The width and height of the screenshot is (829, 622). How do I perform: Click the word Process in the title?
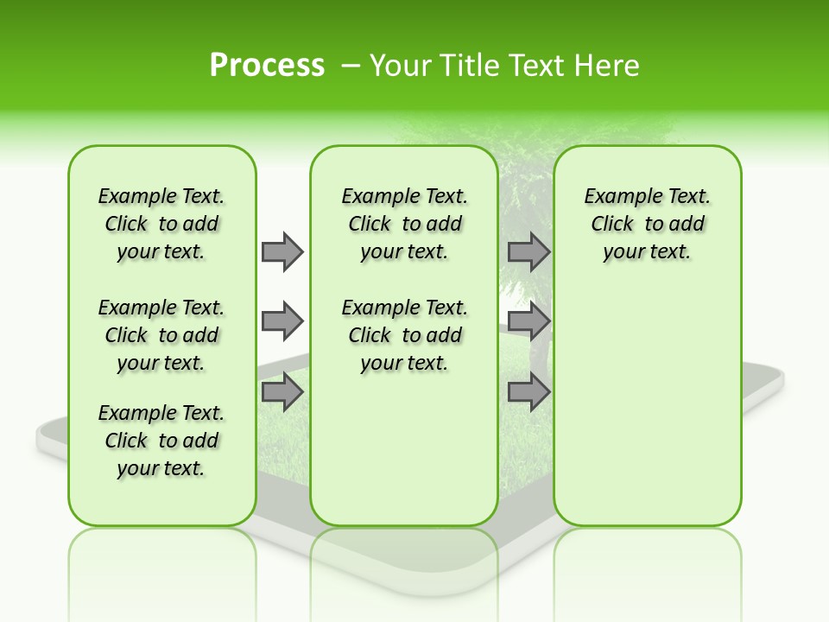tap(267, 66)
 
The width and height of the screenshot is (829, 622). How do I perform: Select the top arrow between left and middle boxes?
tap(282, 251)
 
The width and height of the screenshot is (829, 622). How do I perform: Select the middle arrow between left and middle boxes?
tap(282, 322)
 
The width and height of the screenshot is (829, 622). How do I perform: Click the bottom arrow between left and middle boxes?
tap(282, 393)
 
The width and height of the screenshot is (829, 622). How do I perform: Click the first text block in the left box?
tap(161, 224)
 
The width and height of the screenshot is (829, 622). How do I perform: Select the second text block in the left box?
tap(161, 335)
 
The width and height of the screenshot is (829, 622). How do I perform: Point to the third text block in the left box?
tap(161, 441)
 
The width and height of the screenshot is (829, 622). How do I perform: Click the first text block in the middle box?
tap(404, 224)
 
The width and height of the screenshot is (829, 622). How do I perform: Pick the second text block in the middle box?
tap(404, 335)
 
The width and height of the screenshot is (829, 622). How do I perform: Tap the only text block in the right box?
tap(647, 224)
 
